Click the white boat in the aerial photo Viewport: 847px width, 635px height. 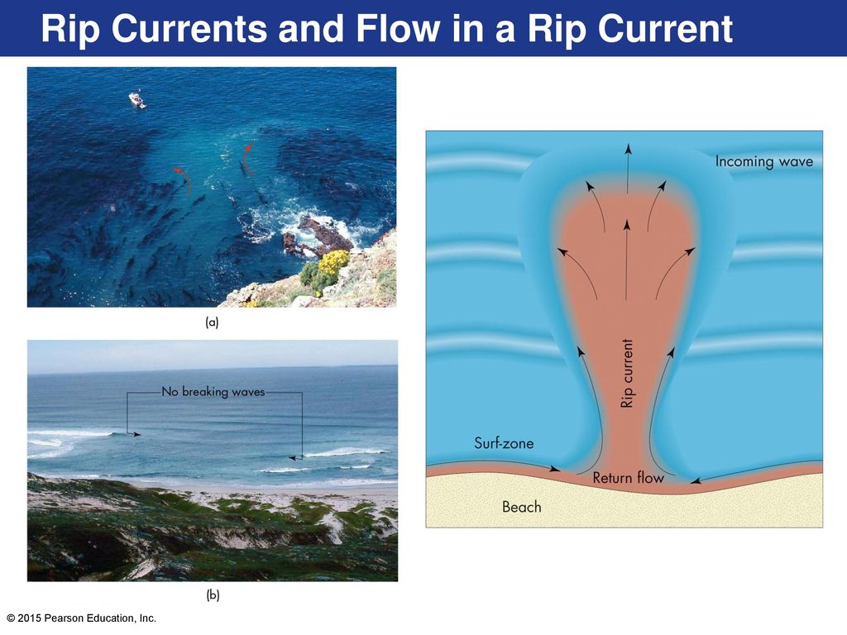point(137,100)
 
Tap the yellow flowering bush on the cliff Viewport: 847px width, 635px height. point(334,261)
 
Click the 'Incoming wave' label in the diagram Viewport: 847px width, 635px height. point(763,161)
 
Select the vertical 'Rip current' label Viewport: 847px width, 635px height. point(627,373)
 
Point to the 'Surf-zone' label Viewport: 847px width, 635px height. point(504,443)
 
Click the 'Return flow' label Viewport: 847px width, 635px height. point(628,478)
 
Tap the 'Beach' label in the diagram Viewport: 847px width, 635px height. point(521,507)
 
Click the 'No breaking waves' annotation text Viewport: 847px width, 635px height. point(213,391)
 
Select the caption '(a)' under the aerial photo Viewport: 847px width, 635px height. point(212,322)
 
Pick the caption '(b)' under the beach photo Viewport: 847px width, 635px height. point(213,595)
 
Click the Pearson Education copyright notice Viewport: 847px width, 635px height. point(82,618)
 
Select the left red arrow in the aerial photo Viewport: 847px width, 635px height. point(184,179)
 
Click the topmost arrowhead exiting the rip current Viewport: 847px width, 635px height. point(627,148)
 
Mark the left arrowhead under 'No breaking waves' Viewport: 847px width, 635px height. point(136,433)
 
